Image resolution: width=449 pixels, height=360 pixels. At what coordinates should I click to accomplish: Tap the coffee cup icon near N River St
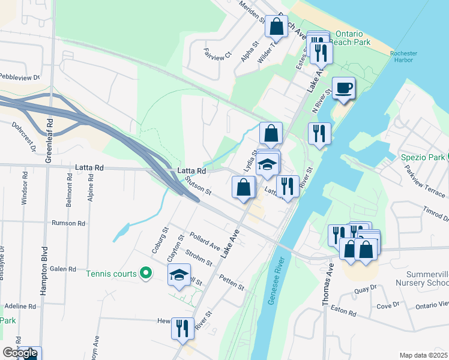point(343,88)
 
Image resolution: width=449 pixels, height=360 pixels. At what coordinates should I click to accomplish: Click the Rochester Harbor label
point(403,57)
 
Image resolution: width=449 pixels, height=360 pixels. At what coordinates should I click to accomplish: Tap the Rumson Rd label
point(68,223)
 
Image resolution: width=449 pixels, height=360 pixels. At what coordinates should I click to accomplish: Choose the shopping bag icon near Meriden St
point(276,27)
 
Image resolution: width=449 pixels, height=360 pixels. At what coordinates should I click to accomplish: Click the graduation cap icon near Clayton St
point(178,275)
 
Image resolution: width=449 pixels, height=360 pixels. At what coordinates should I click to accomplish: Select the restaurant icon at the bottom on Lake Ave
point(182,328)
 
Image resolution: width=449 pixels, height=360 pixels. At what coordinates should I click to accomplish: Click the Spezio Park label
point(422,157)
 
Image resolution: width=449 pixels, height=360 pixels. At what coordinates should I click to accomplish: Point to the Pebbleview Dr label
point(19,77)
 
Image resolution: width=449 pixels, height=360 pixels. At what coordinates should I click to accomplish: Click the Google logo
point(20,353)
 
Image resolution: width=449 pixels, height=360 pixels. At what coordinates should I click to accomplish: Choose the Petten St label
point(231,282)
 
